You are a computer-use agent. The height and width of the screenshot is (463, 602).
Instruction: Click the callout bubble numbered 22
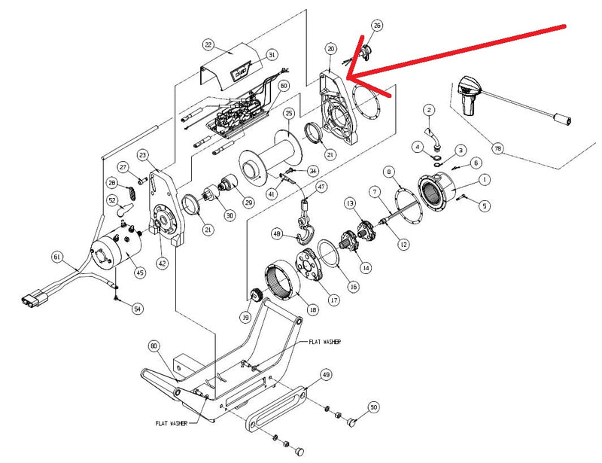coord(208,45)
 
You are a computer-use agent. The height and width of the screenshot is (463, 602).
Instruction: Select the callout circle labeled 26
coord(377,26)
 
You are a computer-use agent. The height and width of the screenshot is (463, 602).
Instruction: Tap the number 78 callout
coord(497,148)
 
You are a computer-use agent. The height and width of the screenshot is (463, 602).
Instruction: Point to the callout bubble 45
coord(139,273)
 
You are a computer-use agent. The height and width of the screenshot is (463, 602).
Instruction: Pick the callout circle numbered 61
coord(56,257)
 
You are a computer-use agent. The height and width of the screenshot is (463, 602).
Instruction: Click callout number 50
coord(372,408)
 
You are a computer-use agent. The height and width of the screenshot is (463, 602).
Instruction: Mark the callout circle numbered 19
coord(245,318)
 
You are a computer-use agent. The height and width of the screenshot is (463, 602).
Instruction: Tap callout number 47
coord(321,187)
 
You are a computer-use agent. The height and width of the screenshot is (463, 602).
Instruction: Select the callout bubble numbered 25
coord(289,114)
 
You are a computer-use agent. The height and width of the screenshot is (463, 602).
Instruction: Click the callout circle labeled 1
coord(484,180)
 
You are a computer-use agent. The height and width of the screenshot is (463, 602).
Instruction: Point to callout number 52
coord(112,201)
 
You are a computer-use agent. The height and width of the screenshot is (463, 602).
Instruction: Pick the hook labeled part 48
coord(305,236)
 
